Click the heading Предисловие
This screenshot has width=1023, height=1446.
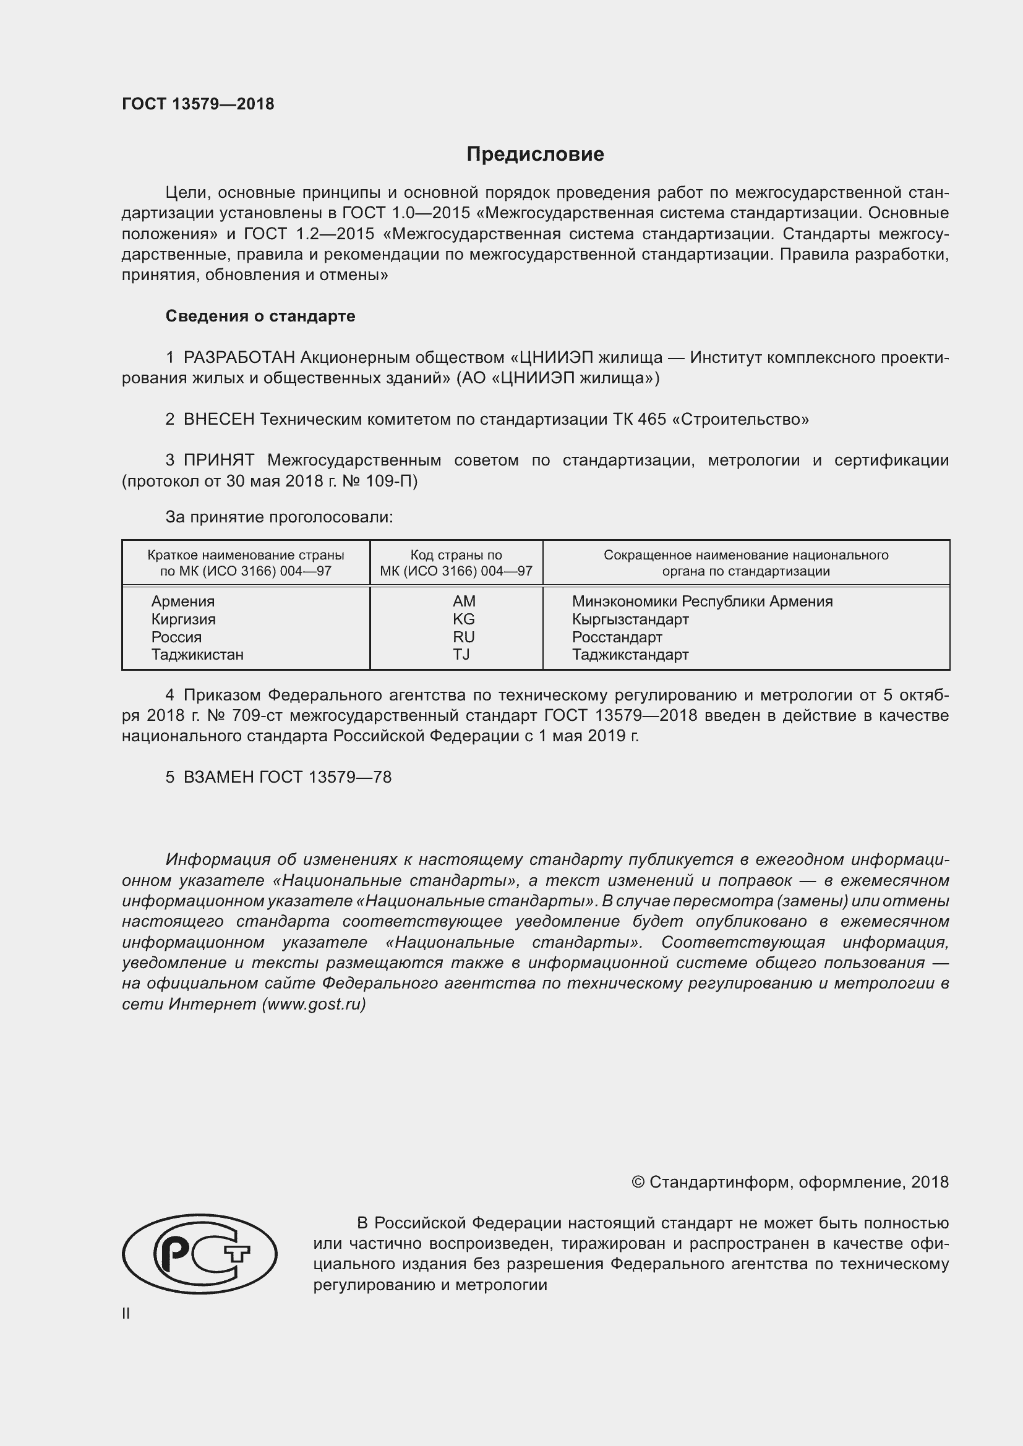535,155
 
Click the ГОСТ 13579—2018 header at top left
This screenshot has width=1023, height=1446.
198,104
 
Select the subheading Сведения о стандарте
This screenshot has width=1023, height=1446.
260,316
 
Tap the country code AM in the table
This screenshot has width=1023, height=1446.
464,602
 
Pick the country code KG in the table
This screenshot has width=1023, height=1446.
464,619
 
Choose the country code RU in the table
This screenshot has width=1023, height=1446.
464,637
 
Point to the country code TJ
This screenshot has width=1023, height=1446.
461,654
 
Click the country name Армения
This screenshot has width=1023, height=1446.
182,602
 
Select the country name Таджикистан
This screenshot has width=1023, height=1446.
197,654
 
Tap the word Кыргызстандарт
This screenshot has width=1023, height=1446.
630,619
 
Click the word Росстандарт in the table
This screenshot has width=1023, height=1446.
617,637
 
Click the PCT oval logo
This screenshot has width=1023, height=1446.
199,1253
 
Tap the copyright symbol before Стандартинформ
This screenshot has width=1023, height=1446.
638,1182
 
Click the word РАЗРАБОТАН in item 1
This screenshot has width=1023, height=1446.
239,358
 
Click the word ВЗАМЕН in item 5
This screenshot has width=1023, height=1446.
218,777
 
